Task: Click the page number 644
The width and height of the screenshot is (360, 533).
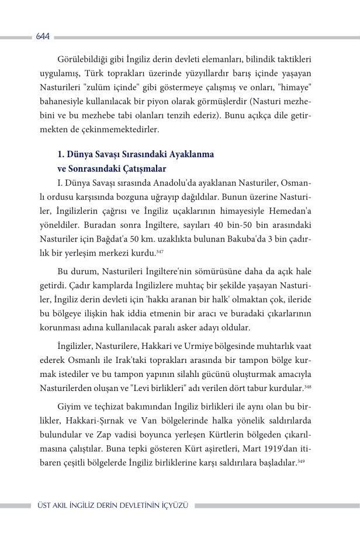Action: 42,36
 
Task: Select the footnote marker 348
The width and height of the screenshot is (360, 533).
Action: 307,387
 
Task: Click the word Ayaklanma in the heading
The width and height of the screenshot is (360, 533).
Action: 191,154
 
